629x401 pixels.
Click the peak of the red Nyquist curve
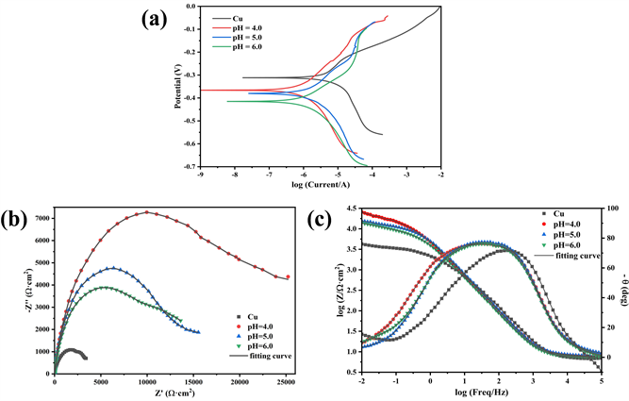point(147,212)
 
